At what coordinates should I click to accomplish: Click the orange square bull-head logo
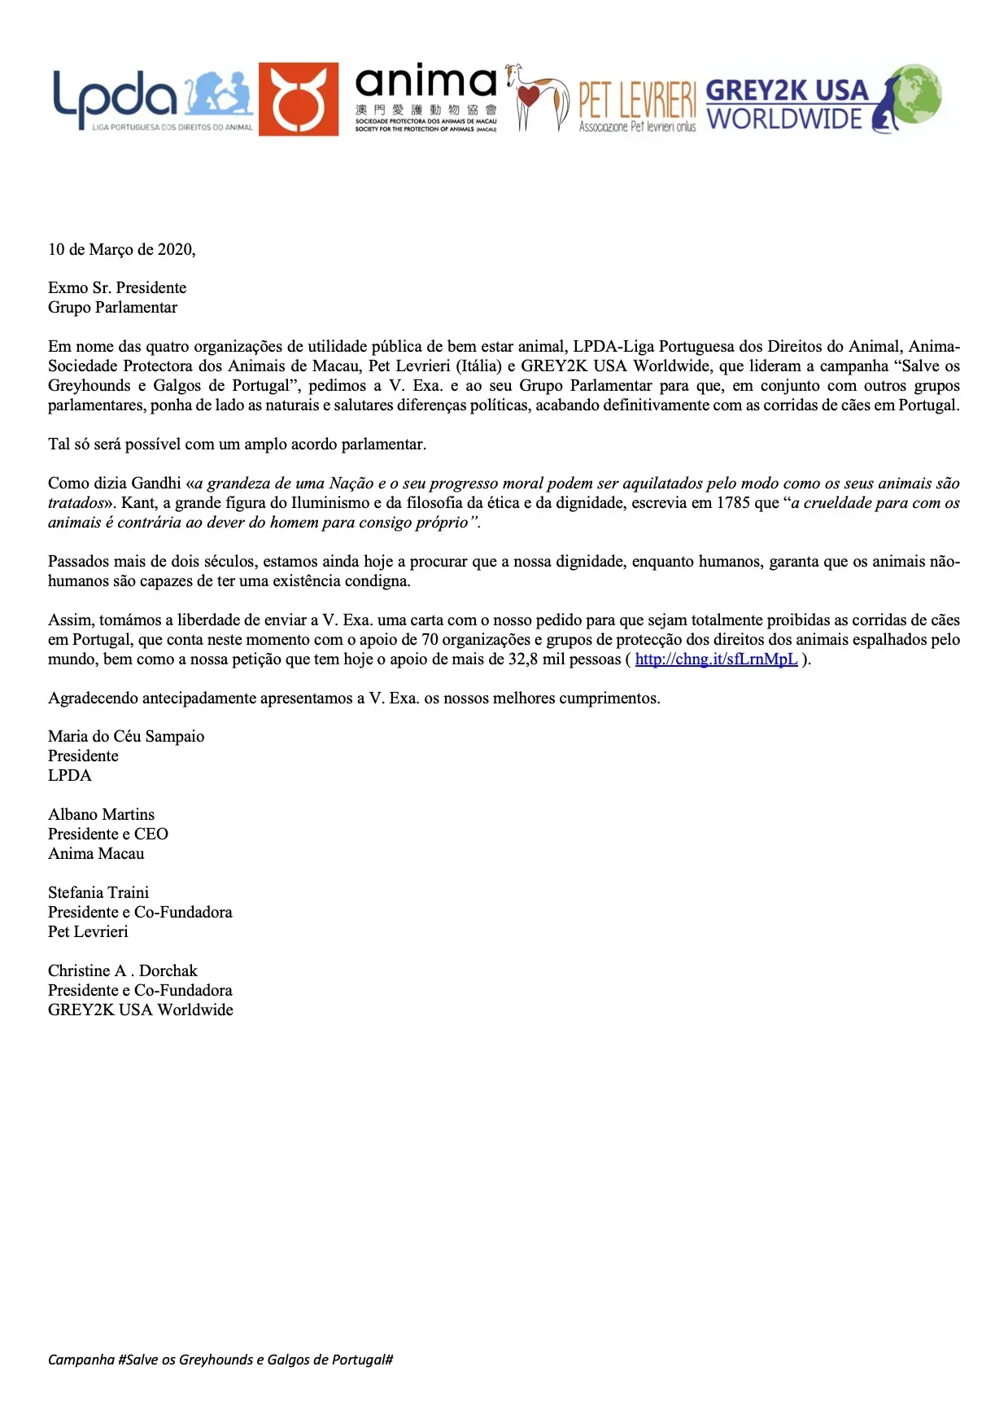click(299, 99)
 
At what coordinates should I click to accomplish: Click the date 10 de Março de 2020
click(122, 250)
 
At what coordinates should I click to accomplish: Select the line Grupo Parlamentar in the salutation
click(112, 308)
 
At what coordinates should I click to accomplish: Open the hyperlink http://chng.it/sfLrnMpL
click(716, 659)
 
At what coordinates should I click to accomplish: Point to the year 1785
click(733, 503)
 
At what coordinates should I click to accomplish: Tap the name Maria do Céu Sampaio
click(126, 737)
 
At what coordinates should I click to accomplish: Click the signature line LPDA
click(70, 776)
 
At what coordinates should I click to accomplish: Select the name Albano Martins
click(101, 815)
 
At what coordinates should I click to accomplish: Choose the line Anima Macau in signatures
click(96, 854)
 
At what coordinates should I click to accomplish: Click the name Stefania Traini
click(98, 893)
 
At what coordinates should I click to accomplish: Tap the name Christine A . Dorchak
click(122, 971)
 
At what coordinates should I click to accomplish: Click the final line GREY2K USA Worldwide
click(141, 1010)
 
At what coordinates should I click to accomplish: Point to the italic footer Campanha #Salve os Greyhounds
click(220, 1360)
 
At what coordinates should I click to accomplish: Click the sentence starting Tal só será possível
click(237, 445)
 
